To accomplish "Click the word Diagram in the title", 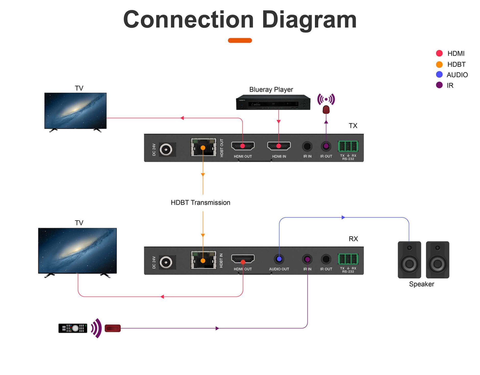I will point(309,20).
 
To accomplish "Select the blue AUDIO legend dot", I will point(439,74).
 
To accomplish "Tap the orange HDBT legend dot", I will point(439,64).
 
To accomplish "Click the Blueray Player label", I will point(271,89).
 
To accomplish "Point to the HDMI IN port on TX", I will point(279,146).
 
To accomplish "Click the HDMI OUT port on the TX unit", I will point(243,146).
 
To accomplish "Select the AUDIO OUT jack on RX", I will point(279,259).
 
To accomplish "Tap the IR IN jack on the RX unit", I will point(307,259).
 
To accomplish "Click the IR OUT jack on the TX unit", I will point(326,146).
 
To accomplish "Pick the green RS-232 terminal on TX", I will point(348,146).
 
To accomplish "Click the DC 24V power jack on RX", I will point(166,262).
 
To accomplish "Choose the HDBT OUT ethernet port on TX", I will point(203,147).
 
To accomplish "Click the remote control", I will point(73,328).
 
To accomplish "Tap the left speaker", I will point(409,260).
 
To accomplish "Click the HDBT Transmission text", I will point(200,203).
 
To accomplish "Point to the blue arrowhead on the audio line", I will point(343,217).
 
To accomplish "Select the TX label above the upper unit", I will point(353,126).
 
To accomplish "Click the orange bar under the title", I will point(240,41).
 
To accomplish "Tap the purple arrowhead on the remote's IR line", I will point(217,328).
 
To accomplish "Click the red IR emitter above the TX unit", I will point(326,110).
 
